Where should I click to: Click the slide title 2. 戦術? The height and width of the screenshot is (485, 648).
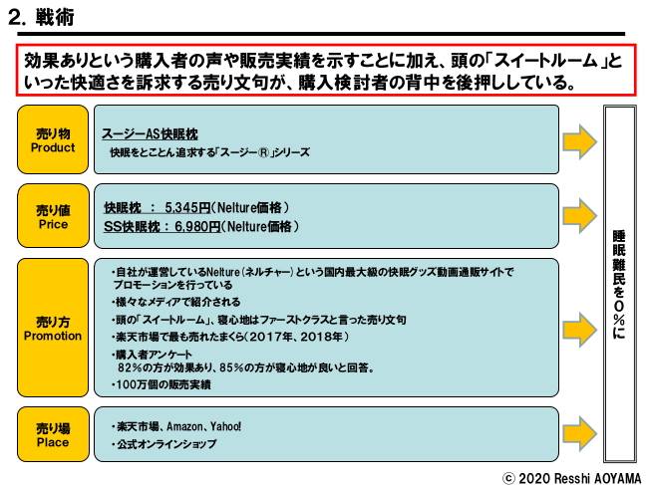(41, 17)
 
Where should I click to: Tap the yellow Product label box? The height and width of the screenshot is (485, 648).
(53, 139)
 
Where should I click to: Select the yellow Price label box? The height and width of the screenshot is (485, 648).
(53, 216)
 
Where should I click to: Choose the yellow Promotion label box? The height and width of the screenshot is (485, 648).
(53, 328)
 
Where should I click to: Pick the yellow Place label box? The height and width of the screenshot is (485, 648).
(53, 434)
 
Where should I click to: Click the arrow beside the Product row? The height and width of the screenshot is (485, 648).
(580, 141)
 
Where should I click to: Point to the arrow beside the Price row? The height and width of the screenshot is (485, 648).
(580, 215)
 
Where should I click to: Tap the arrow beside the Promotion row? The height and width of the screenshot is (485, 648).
(580, 330)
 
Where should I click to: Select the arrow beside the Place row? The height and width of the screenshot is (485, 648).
(580, 433)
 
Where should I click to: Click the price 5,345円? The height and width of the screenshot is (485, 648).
(187, 207)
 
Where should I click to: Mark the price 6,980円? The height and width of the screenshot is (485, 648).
(197, 226)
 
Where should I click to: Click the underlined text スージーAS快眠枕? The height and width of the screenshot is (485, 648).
(150, 133)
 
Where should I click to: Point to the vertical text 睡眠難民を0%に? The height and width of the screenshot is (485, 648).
(619, 284)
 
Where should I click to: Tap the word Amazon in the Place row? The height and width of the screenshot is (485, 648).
(184, 426)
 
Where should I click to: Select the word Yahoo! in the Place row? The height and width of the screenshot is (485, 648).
(225, 426)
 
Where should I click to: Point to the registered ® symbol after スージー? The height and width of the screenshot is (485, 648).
(263, 152)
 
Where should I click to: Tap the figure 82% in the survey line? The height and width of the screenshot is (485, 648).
(130, 367)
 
